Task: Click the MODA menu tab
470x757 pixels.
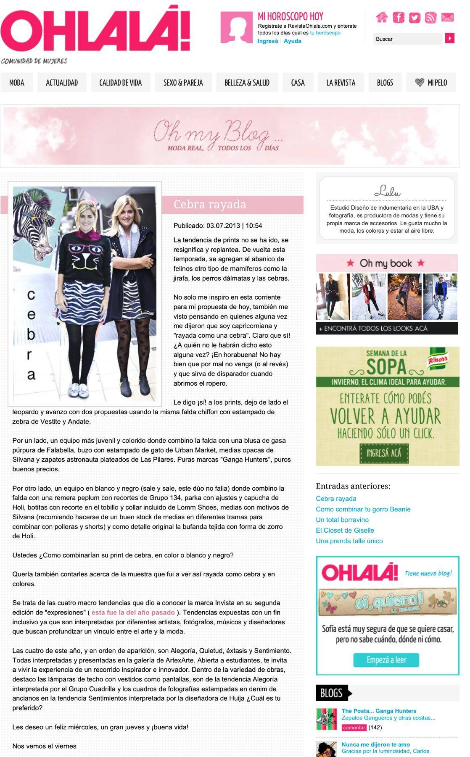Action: pos(17,83)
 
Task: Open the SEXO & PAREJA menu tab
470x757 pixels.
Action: pos(183,83)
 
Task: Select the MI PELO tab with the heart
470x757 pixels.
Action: pos(432,83)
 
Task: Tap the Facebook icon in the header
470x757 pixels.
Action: pos(398,18)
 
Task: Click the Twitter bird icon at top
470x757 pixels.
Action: pos(415,18)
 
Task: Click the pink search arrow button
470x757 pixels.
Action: pos(450,39)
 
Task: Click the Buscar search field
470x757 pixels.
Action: pos(407,39)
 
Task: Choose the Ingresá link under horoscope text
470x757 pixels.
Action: pos(268,41)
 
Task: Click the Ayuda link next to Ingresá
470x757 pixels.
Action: pos(293,41)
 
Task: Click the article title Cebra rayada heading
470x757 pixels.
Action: pos(210,205)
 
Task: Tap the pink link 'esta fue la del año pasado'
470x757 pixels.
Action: pos(133,612)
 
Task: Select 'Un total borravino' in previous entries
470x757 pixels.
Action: pos(342,520)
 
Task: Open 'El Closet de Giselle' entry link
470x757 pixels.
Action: pos(345,530)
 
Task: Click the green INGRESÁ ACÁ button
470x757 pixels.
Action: pos(384,453)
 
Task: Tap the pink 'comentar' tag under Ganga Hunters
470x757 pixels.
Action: pos(354,728)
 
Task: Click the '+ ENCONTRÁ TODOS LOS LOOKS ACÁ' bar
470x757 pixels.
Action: pos(387,329)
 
